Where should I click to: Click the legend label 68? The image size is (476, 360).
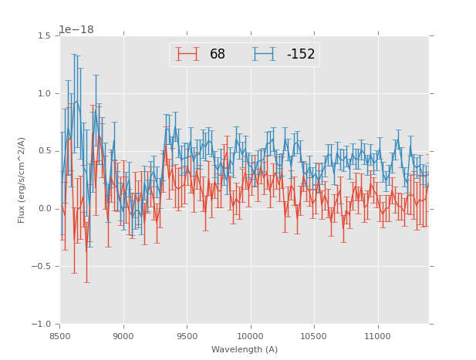coord(218,55)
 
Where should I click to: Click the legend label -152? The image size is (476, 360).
coord(301,55)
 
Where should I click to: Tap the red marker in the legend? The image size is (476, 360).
coord(187,54)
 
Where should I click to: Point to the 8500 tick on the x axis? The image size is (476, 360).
coord(60,336)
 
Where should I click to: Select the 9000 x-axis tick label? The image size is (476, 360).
coord(123,336)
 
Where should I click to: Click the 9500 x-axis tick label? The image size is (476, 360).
coord(187,336)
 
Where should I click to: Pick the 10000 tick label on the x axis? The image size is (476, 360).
coord(251,336)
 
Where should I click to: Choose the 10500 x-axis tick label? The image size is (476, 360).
coord(314,336)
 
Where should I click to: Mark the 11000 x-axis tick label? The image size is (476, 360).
coord(378,336)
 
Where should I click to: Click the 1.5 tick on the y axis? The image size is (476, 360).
coord(44,36)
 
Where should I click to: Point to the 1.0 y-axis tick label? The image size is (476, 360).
coord(44,94)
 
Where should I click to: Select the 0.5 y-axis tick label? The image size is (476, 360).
coord(44,151)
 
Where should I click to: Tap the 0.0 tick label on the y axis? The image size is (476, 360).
coord(44,209)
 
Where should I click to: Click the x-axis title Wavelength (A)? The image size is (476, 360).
coord(245,350)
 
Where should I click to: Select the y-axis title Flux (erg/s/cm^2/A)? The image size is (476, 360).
coord(22,180)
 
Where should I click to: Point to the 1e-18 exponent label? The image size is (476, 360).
coord(76,30)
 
